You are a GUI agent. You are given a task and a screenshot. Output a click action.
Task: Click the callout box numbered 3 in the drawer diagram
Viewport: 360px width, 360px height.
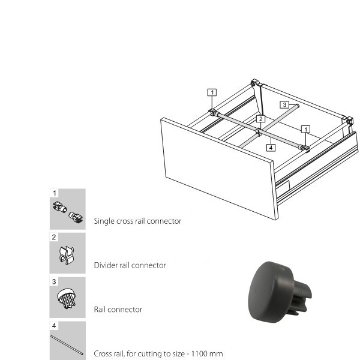284,105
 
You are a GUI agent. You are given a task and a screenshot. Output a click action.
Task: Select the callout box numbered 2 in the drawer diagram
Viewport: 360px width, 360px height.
260,119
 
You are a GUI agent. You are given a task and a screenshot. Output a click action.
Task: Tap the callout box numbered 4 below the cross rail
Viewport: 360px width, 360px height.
271,148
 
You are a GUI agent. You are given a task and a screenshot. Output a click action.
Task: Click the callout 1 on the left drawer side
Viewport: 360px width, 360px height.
212,92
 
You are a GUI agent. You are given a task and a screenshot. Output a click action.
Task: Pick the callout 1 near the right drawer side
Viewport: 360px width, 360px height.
305,129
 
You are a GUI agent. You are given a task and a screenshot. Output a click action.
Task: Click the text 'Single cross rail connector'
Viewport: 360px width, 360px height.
137,221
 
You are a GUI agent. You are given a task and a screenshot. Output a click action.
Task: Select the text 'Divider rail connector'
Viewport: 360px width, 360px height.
130,265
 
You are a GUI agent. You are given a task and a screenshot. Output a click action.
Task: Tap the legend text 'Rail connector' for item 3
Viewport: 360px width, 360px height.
118,310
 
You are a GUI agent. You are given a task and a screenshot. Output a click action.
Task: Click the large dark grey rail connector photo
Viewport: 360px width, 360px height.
280,292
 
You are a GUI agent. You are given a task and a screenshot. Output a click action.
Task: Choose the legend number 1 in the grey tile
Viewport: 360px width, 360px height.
55,193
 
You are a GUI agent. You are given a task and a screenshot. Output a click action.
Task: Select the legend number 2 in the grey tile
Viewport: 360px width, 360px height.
54,237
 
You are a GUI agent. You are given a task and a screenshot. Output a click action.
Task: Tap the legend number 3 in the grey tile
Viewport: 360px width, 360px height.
54,281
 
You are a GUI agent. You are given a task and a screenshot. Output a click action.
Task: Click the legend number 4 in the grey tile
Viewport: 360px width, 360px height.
54,326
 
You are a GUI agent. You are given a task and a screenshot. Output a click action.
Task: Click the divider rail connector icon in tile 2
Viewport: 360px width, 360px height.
67,256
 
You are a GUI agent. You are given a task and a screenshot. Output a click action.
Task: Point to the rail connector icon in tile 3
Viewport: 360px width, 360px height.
67,298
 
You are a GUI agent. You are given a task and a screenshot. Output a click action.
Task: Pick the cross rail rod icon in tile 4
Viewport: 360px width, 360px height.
67,345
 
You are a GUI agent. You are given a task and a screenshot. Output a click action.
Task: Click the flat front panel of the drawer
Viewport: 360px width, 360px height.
219,169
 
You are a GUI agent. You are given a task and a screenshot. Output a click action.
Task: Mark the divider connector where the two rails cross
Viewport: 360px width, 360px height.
258,132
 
